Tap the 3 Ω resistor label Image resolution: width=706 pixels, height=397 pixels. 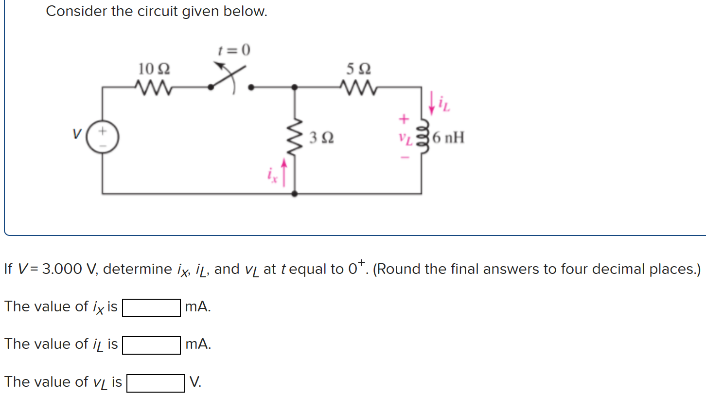click(321, 139)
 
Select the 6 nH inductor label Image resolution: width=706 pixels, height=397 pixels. click(448, 138)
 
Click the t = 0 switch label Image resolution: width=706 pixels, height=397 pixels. click(233, 50)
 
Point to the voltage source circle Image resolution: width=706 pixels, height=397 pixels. click(103, 139)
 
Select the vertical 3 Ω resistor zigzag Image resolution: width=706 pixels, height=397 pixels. click(295, 139)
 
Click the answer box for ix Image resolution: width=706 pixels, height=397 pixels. click(151, 307)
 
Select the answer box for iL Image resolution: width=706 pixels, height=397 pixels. click(151, 345)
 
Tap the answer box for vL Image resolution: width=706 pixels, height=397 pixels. click(156, 382)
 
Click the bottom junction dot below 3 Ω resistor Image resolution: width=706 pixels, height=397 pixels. click(295, 194)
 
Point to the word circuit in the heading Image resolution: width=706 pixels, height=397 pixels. click(154, 11)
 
